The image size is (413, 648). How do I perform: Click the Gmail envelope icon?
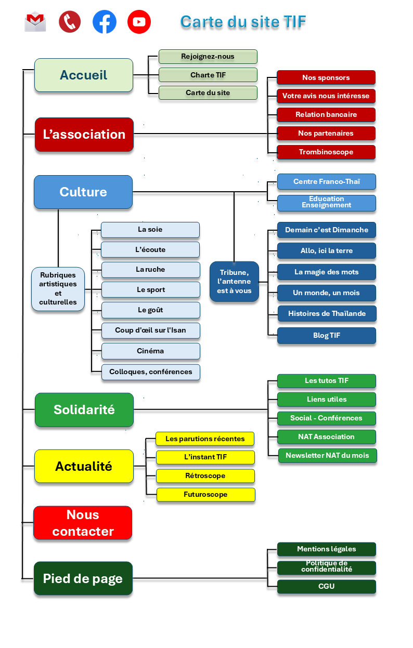click(35, 22)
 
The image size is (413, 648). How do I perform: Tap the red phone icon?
click(70, 22)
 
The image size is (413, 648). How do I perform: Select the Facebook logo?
click(105, 22)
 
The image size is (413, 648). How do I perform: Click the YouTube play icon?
click(139, 22)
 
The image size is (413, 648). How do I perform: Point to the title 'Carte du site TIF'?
click(243, 22)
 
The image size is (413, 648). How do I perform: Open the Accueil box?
click(84, 75)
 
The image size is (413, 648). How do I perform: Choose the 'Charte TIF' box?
click(208, 75)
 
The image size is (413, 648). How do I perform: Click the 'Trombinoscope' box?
click(326, 152)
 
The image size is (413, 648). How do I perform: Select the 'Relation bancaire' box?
click(326, 114)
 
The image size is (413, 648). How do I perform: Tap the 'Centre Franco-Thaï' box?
click(327, 182)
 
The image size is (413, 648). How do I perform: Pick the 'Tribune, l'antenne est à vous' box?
click(234, 282)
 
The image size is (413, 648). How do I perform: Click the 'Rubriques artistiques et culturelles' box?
click(58, 289)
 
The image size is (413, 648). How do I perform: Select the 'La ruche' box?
click(151, 270)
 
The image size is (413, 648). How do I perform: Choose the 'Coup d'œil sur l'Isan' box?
click(151, 330)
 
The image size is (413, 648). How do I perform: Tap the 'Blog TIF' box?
click(327, 336)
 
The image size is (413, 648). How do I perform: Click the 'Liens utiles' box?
click(327, 400)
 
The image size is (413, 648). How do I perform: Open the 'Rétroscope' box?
click(205, 476)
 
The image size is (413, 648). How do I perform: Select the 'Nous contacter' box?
click(83, 523)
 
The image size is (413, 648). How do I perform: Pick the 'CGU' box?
click(327, 586)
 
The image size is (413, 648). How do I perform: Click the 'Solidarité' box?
click(84, 409)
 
